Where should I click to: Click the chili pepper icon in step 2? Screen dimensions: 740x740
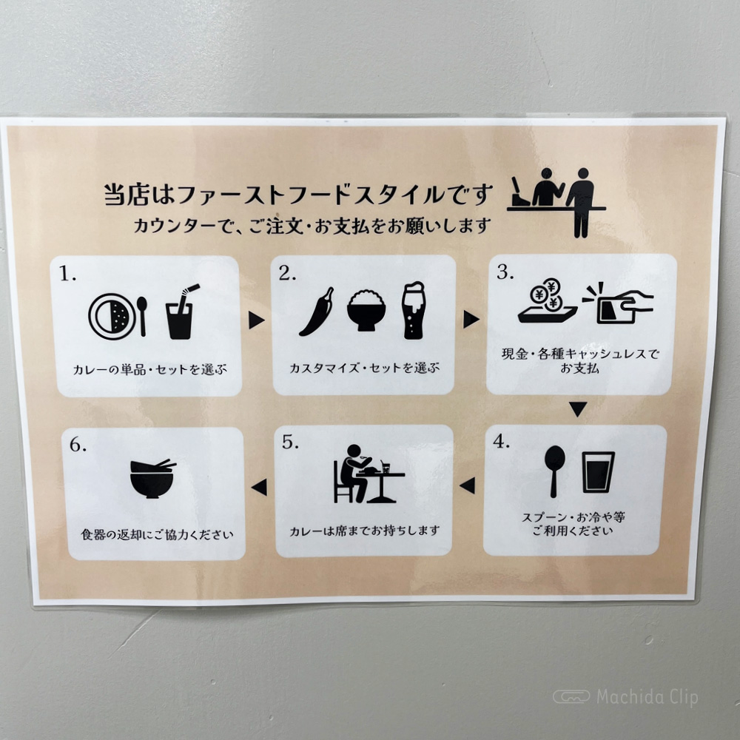317,312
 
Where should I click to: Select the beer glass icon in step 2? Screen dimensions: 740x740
414,310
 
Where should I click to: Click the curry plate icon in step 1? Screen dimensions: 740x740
112,316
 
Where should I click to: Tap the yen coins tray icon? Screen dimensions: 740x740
548,301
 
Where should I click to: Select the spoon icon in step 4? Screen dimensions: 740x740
554,471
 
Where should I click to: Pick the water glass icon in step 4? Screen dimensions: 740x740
598,472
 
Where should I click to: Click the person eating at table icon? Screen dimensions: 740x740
368,474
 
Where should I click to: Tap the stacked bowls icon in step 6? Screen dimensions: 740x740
152,478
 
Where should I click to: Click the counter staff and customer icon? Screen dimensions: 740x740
557,202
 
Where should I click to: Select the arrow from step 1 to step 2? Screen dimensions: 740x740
256,320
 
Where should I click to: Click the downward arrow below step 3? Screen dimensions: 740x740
578,408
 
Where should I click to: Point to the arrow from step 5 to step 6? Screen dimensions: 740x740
259,487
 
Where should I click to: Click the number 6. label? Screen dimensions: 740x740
78,445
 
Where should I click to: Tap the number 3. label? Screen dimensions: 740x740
505,272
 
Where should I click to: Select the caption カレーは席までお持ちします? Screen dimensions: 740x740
364,531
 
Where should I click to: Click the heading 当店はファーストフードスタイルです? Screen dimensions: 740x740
298,195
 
